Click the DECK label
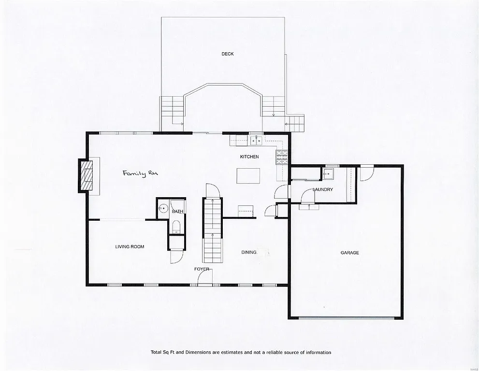tap(228, 54)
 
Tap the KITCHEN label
tap(249, 157)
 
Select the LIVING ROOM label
tap(130, 247)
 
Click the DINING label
tap(249, 252)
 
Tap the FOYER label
tap(202, 269)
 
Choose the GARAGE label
tap(349, 253)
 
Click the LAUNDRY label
tap(322, 190)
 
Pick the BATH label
tap(177, 211)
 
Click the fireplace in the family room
tap(87, 176)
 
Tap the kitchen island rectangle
tap(248, 175)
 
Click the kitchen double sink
tap(256, 141)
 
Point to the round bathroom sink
tap(163, 209)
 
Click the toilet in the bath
tap(176, 227)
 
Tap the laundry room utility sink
tap(330, 173)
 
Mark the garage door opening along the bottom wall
tap(346, 317)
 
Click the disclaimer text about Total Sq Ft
tap(240, 353)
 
